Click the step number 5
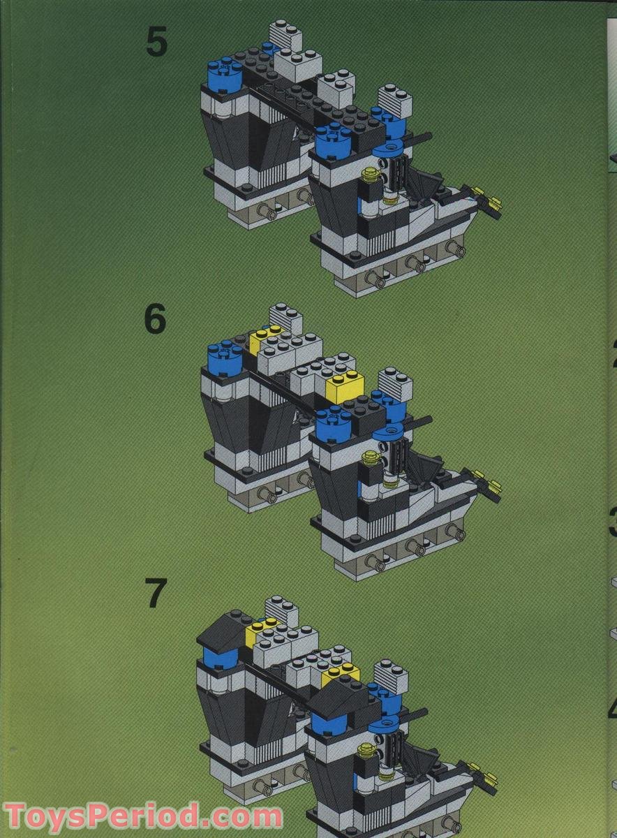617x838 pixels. [156, 43]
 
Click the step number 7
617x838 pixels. [156, 594]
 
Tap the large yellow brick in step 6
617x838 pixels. [343, 386]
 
